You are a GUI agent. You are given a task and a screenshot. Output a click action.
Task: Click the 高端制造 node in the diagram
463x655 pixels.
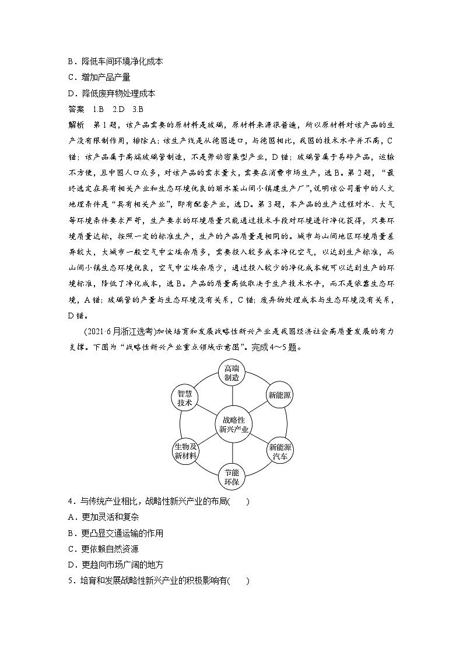point(232,372)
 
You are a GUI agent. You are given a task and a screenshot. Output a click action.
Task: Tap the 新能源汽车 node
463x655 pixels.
point(280,452)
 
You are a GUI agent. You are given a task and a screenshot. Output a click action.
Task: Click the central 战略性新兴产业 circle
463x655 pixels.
point(232,424)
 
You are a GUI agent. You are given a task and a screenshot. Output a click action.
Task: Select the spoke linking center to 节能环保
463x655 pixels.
point(232,453)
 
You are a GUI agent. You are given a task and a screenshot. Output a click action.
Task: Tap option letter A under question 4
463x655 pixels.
point(72,517)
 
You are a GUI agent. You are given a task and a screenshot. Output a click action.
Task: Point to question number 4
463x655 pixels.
point(71,502)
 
